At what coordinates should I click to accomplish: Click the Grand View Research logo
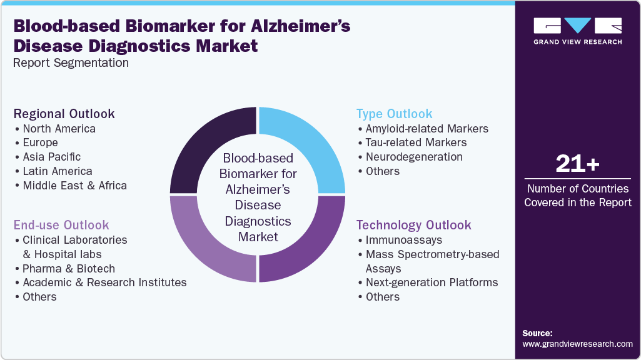(577, 31)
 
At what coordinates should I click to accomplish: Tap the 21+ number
(577, 164)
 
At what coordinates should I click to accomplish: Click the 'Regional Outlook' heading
(64, 114)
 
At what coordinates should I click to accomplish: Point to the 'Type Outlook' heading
(394, 114)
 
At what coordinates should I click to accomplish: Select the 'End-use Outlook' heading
(61, 225)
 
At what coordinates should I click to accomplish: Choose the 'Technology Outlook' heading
(413, 225)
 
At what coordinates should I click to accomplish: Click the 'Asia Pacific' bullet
(51, 157)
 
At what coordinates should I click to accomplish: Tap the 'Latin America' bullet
(57, 171)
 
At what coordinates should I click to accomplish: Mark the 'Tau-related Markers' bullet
(416, 142)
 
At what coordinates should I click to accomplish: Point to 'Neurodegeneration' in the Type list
(414, 157)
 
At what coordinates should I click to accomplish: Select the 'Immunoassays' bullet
(403, 240)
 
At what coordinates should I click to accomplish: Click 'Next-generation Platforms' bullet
(432, 282)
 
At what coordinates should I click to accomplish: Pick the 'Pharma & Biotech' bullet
(69, 269)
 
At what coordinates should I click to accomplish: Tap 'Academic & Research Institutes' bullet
(104, 282)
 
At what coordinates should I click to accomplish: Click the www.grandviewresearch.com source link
(577, 344)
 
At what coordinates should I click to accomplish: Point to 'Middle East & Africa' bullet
(74, 186)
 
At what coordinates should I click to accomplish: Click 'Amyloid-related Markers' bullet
(426, 129)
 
